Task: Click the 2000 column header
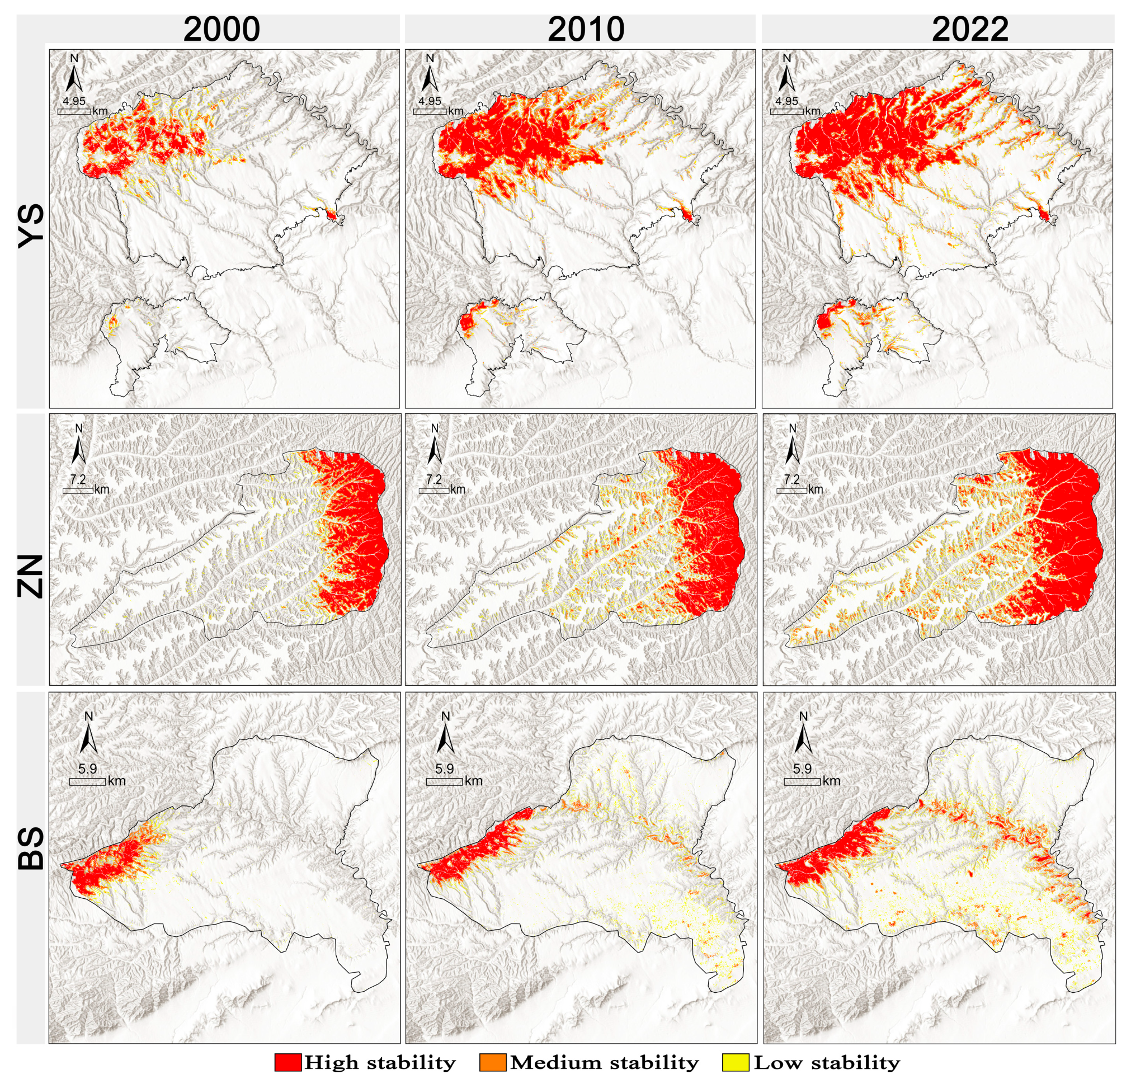point(222,29)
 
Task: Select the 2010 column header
point(586,29)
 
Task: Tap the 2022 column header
point(970,29)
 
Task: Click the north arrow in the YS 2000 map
point(74,73)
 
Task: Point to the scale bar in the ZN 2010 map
point(434,491)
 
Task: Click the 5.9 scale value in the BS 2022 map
point(802,769)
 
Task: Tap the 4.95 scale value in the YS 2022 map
point(786,101)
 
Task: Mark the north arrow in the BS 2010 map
point(445,734)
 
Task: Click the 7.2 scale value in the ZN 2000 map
point(78,479)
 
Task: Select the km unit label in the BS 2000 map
point(116,781)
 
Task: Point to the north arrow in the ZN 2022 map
point(792,445)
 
